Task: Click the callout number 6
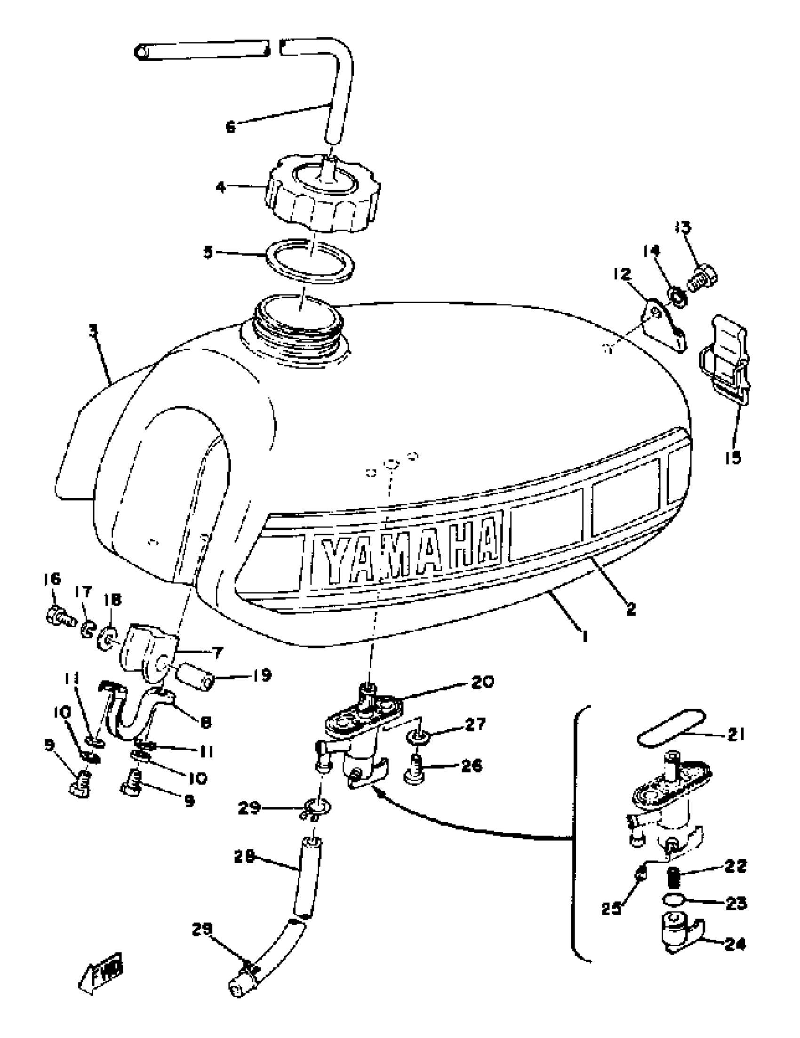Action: click(x=231, y=127)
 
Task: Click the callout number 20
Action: click(x=482, y=681)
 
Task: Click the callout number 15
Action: click(x=733, y=458)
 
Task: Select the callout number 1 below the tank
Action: click(x=584, y=636)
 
